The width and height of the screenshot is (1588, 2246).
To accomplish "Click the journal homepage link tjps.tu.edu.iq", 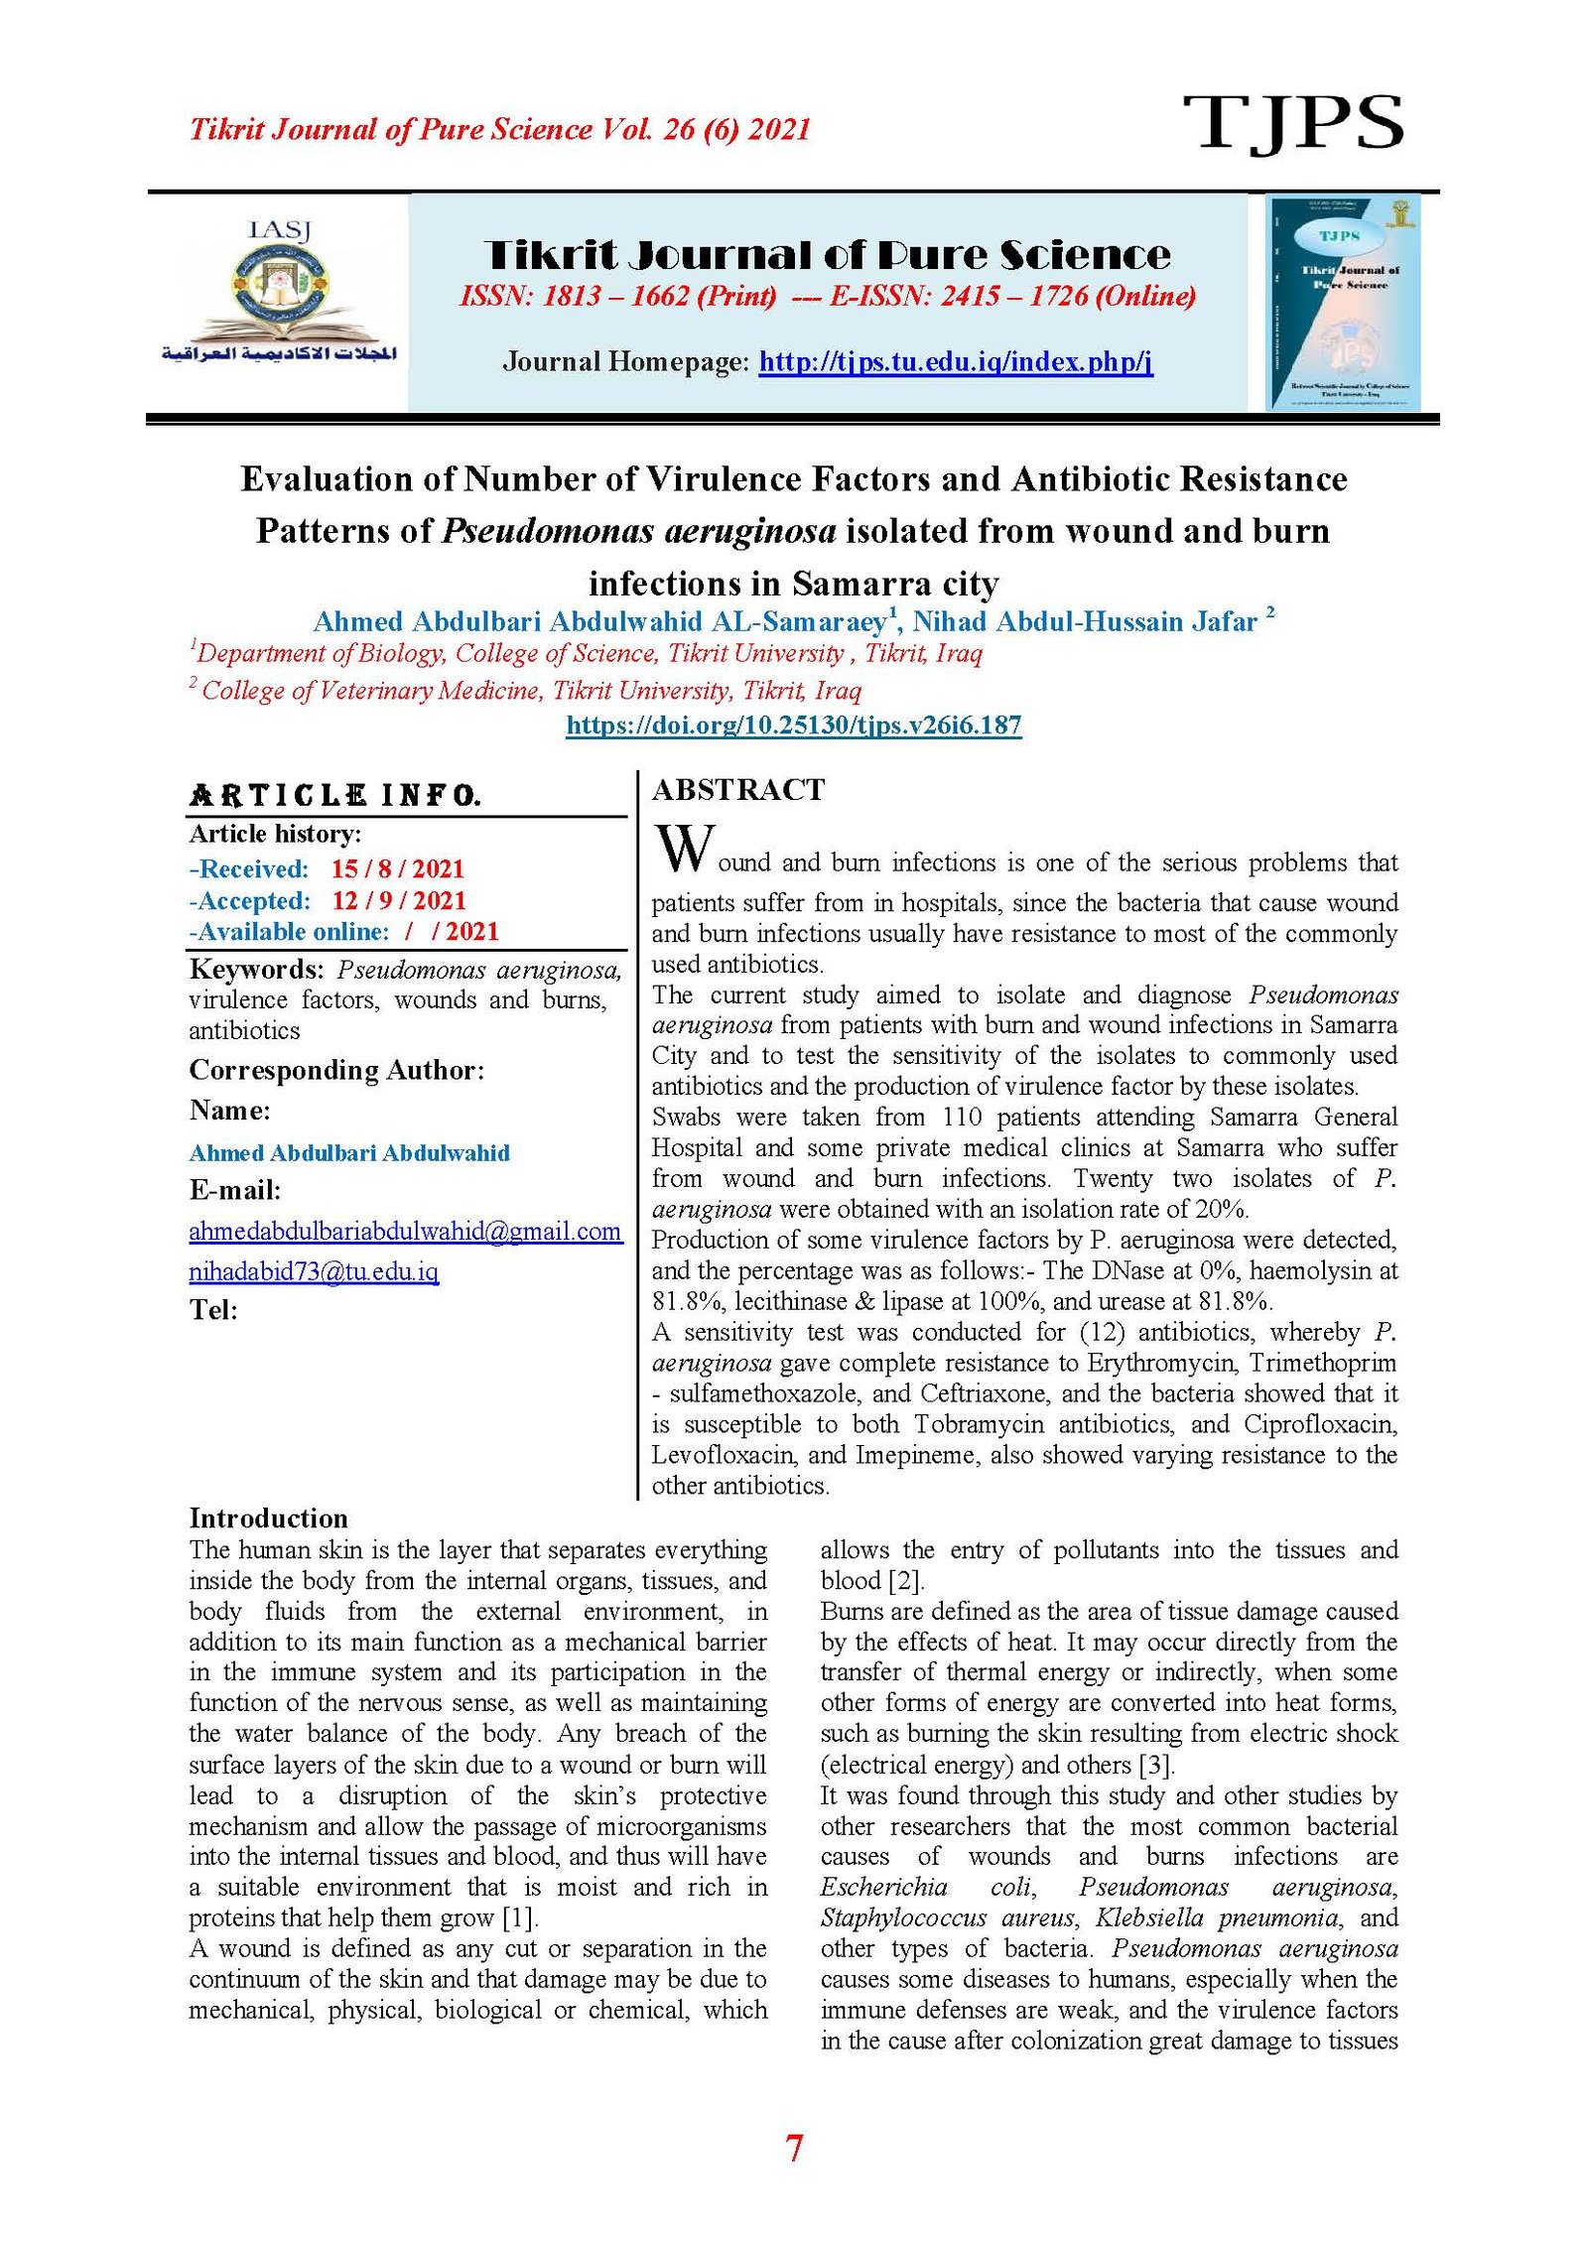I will [x=955, y=361].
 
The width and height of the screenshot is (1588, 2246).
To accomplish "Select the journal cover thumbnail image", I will [x=1343, y=302].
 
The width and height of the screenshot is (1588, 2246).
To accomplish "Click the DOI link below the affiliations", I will [x=793, y=726].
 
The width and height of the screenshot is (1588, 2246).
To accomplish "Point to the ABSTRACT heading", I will [x=737, y=790].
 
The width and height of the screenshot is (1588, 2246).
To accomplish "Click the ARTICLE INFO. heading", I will [x=334, y=796].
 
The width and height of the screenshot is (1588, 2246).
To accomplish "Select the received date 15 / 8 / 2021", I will [x=397, y=869].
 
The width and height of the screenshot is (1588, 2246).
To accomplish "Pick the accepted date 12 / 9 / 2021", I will [x=398, y=901].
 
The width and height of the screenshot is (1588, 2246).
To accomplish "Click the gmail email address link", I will [x=405, y=1232].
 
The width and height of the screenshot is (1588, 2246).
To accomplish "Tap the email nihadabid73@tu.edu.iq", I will [x=314, y=1271].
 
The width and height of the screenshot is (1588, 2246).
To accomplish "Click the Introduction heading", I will [x=268, y=1519].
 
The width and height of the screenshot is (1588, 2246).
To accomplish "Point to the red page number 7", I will [x=794, y=2149].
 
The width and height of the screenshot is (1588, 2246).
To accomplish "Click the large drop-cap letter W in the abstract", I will [x=683, y=850].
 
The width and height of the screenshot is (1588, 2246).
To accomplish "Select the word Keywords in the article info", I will [x=255, y=970].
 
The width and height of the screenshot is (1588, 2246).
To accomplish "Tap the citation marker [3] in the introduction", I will [x=1156, y=1766].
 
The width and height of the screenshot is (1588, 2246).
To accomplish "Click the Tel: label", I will [x=213, y=1311].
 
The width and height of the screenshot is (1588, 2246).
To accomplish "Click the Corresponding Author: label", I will [x=336, y=1071].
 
